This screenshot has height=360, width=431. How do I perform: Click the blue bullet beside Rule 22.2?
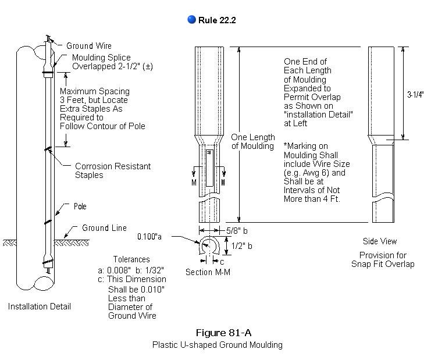(x=191, y=20)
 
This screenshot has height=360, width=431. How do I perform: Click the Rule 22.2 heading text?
(x=217, y=20)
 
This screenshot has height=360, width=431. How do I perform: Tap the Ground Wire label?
(x=88, y=46)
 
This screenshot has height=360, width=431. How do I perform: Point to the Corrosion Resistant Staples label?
(x=112, y=170)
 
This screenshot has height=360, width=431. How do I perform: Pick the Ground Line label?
(x=104, y=228)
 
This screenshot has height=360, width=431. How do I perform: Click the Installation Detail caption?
(x=39, y=306)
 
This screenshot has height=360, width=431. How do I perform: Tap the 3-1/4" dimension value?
(x=415, y=94)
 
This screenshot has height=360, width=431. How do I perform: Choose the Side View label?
(x=379, y=241)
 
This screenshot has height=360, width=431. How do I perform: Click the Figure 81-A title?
(x=217, y=333)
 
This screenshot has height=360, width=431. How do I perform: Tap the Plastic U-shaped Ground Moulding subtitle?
(x=217, y=345)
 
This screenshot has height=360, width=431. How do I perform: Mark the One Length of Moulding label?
(x=252, y=141)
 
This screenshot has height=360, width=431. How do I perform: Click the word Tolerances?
(x=131, y=259)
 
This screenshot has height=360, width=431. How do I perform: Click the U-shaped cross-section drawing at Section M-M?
(x=209, y=248)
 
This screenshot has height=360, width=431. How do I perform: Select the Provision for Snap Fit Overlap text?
(x=382, y=259)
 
